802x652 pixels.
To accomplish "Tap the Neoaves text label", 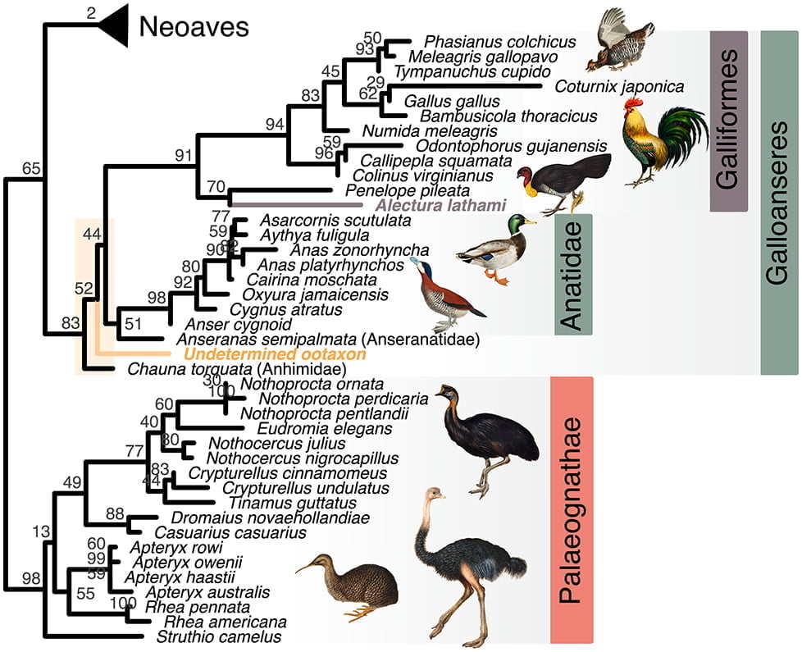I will point(194,26).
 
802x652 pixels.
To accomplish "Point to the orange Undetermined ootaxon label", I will point(274,354).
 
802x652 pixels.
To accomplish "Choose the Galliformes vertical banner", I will point(729,121).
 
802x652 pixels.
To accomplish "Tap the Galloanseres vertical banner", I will point(780,203).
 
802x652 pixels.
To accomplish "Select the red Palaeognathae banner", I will point(572,509).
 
